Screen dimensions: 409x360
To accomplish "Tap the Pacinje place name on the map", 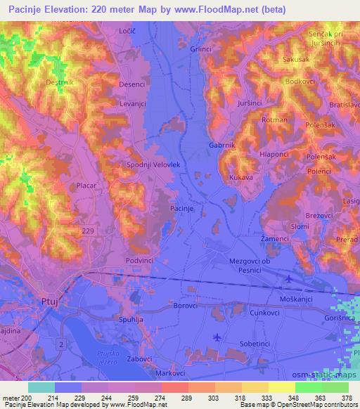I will [182, 209].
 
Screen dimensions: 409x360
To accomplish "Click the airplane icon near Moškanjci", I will [288, 280].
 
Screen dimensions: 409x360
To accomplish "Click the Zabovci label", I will [140, 358].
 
